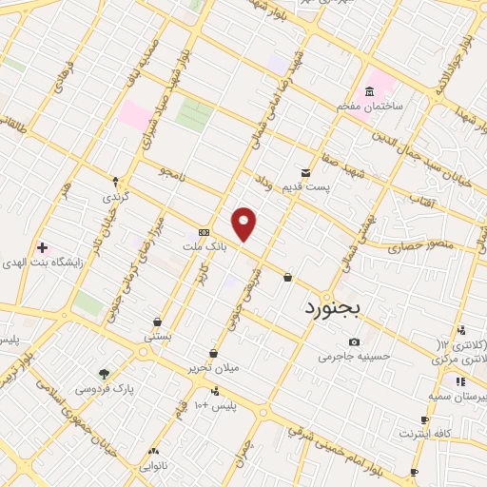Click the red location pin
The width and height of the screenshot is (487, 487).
pos(245,224)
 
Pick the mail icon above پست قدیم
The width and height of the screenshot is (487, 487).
pos(305,172)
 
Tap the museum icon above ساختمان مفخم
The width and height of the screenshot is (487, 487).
pos(369,91)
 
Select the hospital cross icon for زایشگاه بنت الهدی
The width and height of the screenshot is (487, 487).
pos(42,247)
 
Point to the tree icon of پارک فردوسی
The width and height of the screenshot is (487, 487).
pos(104,374)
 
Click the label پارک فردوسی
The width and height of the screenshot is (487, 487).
pos(104,388)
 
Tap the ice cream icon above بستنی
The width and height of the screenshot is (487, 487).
pos(157,321)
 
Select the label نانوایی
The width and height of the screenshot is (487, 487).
pos(153,466)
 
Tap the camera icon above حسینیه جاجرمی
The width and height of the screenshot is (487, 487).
pos(354,342)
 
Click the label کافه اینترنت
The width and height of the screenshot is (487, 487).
pos(423,434)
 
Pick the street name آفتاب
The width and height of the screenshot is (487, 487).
pos(420,201)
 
